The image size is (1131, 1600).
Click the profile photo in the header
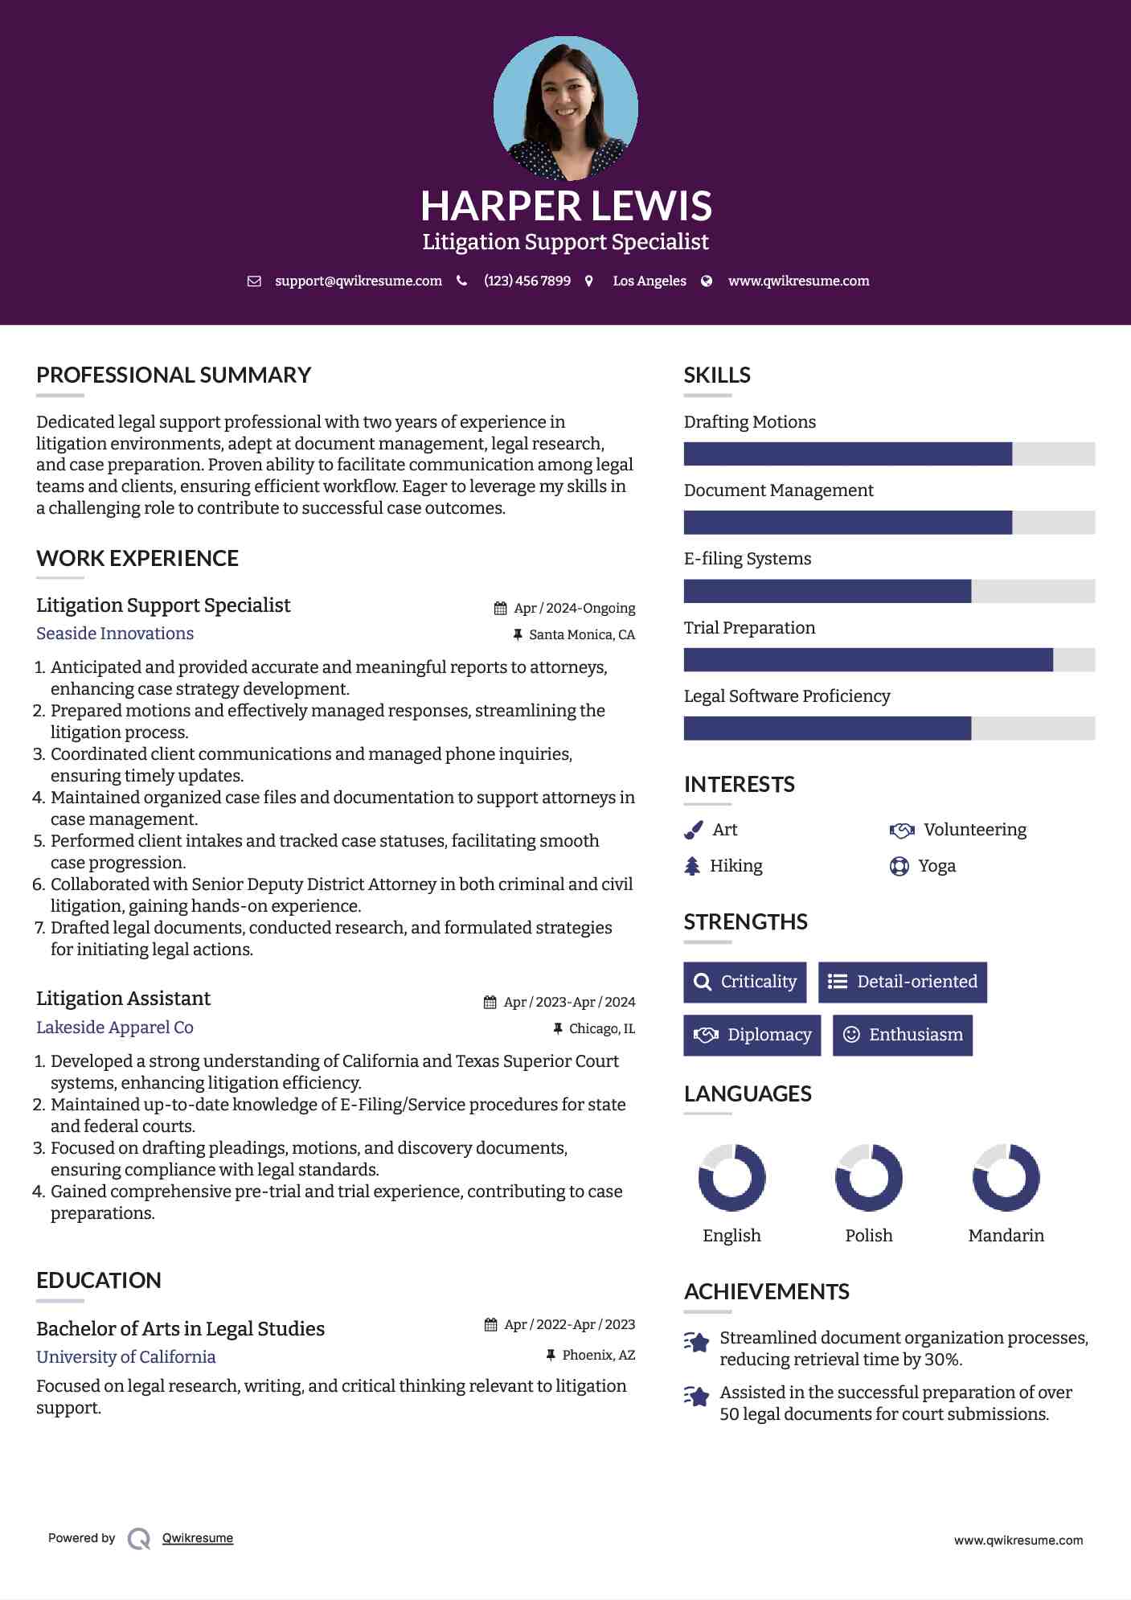tap(565, 108)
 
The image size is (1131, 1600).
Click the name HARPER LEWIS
tap(566, 206)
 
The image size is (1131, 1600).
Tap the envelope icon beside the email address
tap(254, 281)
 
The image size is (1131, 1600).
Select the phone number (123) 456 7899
tap(527, 281)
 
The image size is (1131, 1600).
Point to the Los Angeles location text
tap(650, 281)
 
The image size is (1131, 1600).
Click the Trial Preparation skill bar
tap(888, 660)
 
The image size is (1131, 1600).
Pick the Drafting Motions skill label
tap(749, 422)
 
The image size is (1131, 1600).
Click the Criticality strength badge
tap(745, 982)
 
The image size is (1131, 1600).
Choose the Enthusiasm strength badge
tap(902, 1035)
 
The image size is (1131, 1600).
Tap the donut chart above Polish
tap(869, 1178)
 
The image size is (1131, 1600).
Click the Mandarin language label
tap(1006, 1236)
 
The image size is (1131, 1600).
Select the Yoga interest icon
tap(899, 866)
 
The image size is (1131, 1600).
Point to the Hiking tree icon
tap(692, 866)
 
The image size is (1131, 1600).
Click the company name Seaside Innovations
tap(115, 634)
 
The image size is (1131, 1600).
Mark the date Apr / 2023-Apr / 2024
tap(569, 1003)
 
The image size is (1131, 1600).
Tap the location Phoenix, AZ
tap(599, 1356)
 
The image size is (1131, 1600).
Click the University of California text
tap(126, 1357)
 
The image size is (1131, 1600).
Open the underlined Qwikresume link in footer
tap(198, 1538)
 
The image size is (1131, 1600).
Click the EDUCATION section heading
tap(99, 1281)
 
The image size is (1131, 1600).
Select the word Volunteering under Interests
tap(975, 830)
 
